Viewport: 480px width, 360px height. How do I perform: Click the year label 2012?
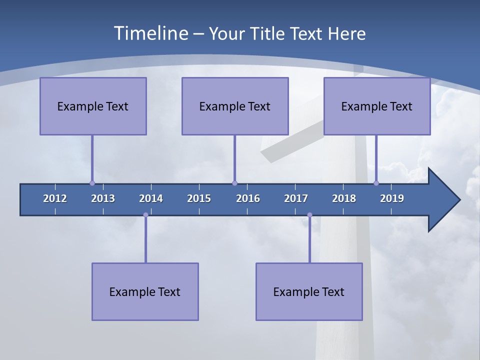[55, 198]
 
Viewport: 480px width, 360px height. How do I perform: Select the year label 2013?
[103, 198]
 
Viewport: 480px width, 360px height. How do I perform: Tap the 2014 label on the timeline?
[151, 198]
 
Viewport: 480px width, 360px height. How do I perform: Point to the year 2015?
[199, 198]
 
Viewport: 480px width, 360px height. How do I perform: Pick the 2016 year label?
[248, 198]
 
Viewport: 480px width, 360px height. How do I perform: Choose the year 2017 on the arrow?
[296, 198]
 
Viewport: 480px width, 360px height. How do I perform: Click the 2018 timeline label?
[344, 198]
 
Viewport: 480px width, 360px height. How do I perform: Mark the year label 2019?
[392, 198]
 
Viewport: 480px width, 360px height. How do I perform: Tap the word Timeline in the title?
[150, 33]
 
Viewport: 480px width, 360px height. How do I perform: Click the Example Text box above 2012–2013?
[93, 106]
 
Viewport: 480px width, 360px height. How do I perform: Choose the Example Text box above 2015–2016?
[235, 106]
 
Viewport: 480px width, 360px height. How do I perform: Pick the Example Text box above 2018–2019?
[377, 106]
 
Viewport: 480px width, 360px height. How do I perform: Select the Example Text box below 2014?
[145, 291]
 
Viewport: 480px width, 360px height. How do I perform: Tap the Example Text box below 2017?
[309, 291]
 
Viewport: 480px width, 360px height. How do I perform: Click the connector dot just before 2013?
[92, 183]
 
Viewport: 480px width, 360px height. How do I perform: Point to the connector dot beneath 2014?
[145, 215]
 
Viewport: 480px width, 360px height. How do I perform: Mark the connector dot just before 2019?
[376, 183]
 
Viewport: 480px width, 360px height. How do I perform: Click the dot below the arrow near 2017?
[309, 215]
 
